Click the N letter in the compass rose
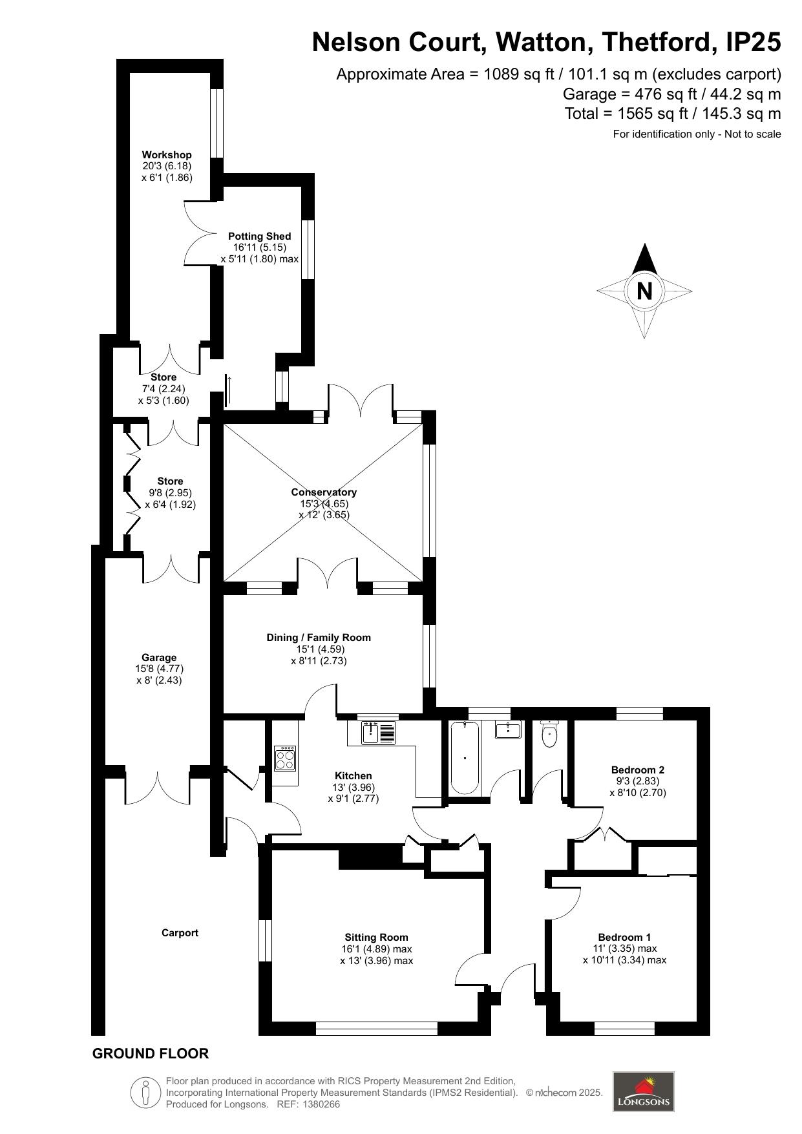point(644,291)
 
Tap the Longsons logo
point(643,1091)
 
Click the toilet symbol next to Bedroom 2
point(549,734)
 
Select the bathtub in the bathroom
point(464,759)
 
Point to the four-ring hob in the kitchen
point(285,758)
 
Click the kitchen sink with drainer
point(379,733)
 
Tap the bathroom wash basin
point(508,730)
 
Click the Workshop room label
point(167,155)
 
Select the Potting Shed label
point(259,236)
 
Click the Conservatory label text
point(323,492)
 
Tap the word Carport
point(180,933)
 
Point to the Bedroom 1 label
point(624,937)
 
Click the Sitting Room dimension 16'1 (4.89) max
point(376,949)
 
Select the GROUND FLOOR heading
point(150,1054)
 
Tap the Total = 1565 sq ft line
point(672,114)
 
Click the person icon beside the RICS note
point(146,1092)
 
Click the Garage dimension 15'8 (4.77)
point(159,669)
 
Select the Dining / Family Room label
point(319,638)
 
